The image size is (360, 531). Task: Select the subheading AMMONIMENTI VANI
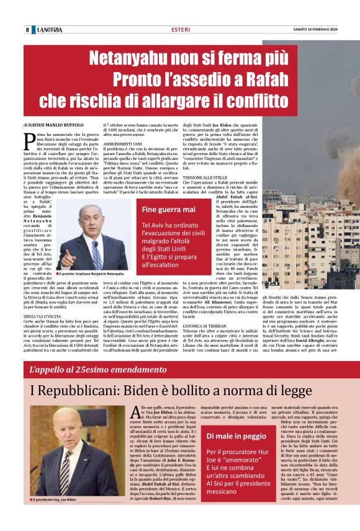pos(124,144)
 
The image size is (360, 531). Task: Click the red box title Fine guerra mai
pos(168,209)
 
